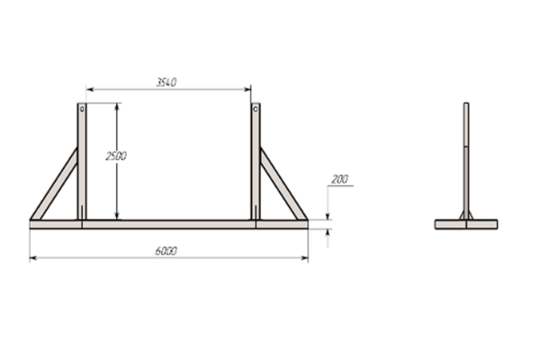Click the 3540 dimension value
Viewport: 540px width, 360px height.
pyautogui.click(x=166, y=82)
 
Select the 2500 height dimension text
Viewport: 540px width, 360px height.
pyautogui.click(x=116, y=156)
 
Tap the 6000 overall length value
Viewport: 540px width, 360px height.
pyautogui.click(x=166, y=251)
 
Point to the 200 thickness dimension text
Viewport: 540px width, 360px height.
pyautogui.click(x=340, y=179)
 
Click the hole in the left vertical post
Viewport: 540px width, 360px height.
pyautogui.click(x=82, y=109)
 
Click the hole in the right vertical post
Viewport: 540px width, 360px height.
pyautogui.click(x=256, y=109)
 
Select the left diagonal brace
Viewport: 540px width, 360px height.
pyautogui.click(x=54, y=184)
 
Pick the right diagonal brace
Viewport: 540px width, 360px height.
pyautogui.click(x=283, y=184)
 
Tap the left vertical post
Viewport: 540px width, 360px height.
pyautogui.click(x=82, y=161)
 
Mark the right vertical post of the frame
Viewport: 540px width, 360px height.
pyautogui.click(x=256, y=161)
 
